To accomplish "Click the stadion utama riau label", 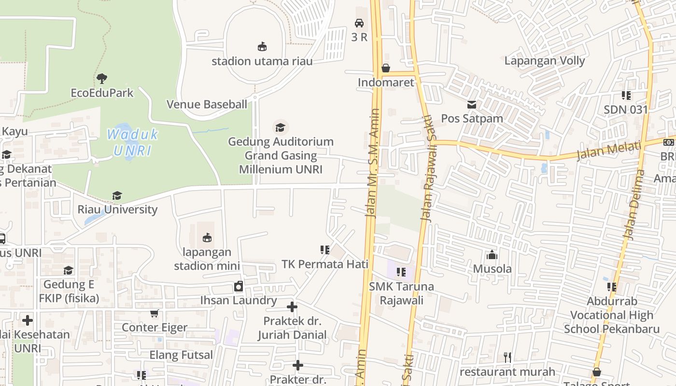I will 262,61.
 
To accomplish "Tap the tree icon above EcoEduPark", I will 102,78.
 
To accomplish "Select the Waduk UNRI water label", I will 132,142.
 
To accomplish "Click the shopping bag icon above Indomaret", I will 386,68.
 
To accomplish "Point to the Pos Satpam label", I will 472,119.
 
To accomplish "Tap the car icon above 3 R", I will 359,23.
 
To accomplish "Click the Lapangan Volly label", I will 544,61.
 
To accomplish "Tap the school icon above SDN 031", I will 626,96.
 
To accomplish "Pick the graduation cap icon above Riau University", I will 117,195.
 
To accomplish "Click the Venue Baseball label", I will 207,104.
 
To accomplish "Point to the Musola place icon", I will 492,255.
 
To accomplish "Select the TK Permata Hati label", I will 325,264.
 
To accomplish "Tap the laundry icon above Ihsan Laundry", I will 239,287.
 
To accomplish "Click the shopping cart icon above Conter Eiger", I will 155,314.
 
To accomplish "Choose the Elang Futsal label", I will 181,356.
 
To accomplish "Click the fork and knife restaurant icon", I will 507,358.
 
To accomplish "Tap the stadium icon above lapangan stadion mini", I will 207,238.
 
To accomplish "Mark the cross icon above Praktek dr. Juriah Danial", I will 292,307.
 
